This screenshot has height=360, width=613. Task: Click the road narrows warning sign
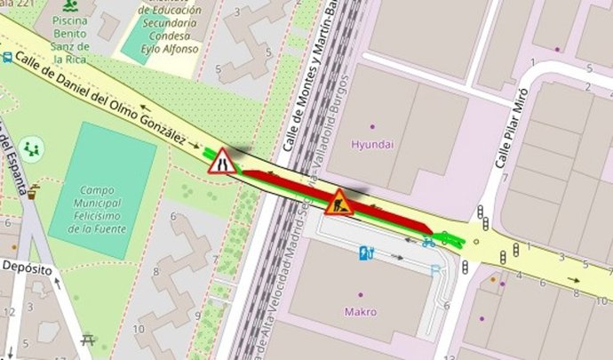click(222, 161)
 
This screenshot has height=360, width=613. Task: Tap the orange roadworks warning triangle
click(338, 204)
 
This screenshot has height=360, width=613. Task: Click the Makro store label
click(361, 311)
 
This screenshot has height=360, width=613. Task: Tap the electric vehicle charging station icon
click(366, 253)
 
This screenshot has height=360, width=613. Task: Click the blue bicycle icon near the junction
click(429, 241)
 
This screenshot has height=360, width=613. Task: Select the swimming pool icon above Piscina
click(62, 4)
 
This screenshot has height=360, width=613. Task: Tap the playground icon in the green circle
click(32, 148)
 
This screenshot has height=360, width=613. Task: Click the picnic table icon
click(88, 338)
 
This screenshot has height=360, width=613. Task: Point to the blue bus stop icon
click(7, 59)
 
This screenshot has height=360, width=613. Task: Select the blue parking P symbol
click(434, 269)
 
